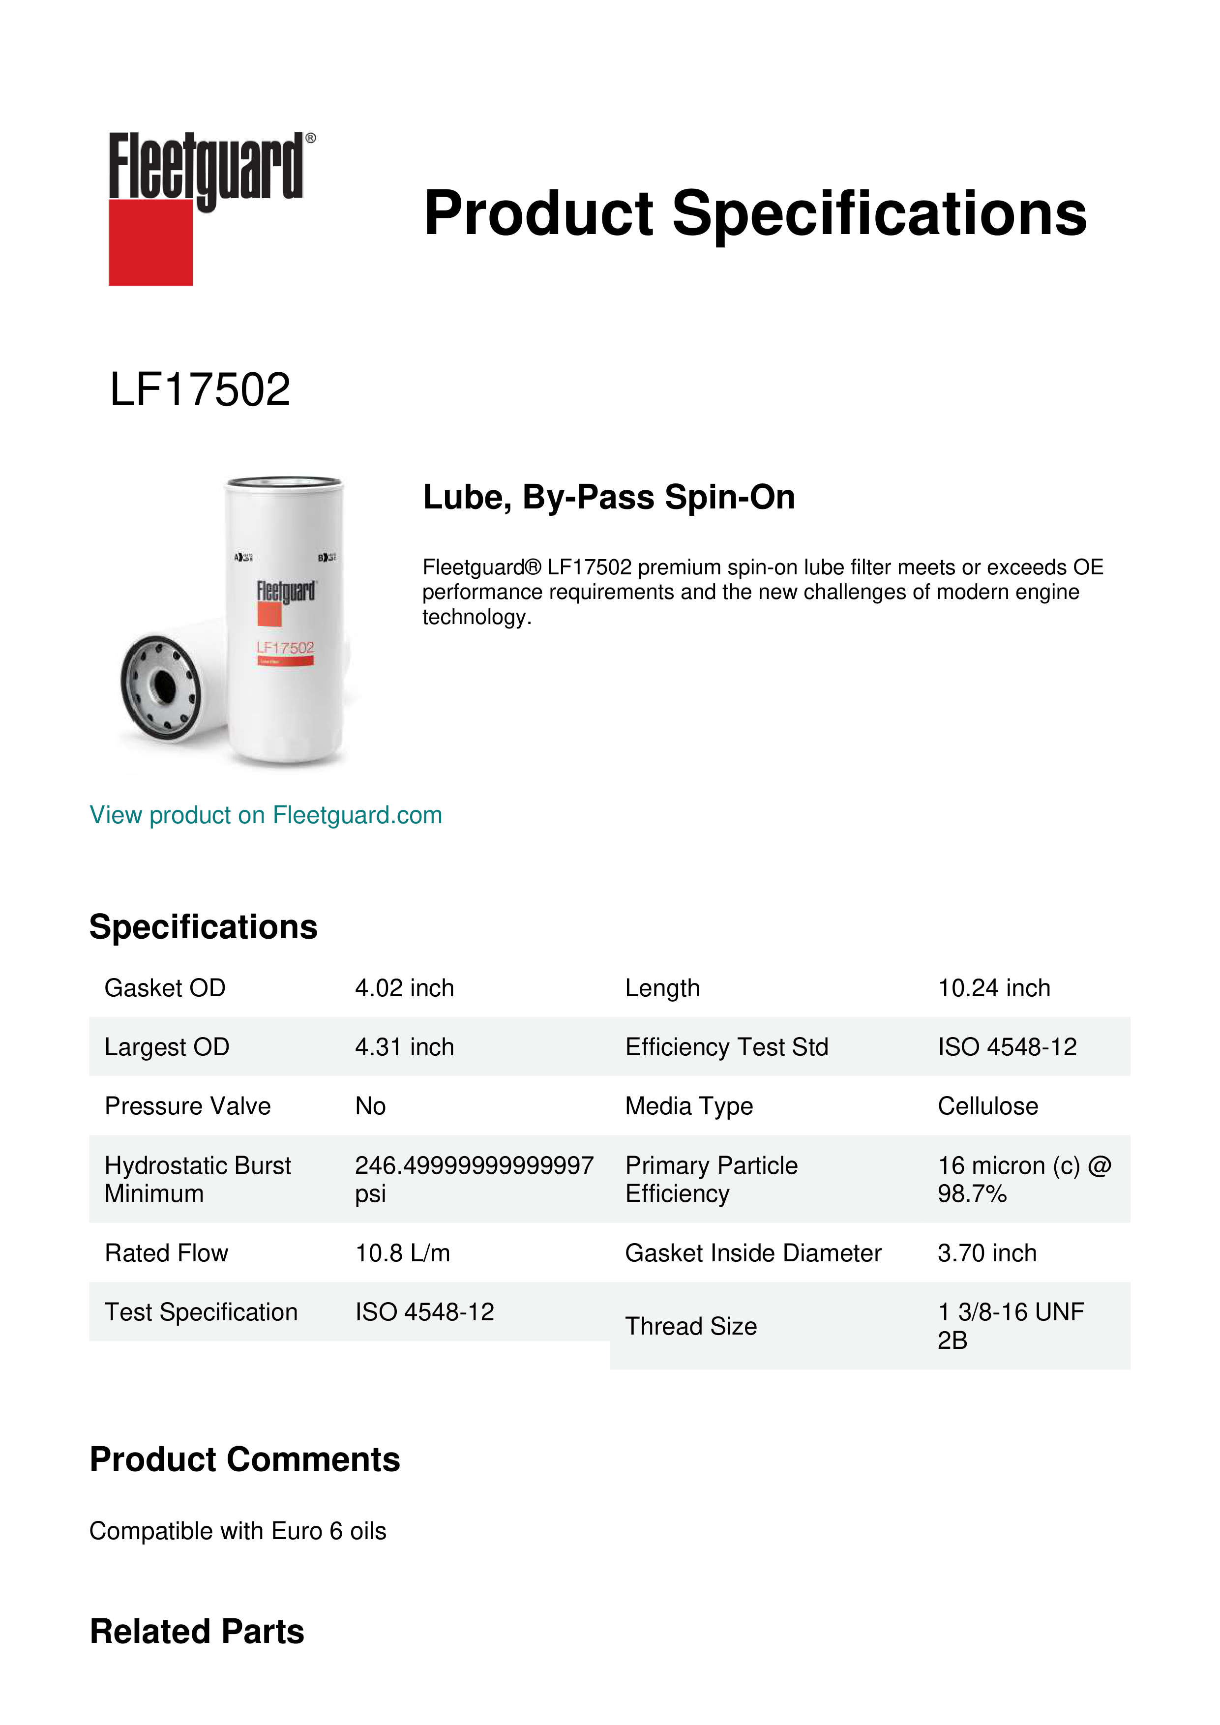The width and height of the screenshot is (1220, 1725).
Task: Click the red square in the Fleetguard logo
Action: pyautogui.click(x=150, y=242)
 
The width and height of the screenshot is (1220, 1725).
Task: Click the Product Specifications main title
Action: pyautogui.click(x=755, y=213)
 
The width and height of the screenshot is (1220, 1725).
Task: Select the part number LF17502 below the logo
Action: pyautogui.click(x=200, y=390)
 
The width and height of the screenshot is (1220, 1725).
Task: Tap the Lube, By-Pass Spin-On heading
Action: pyautogui.click(x=608, y=497)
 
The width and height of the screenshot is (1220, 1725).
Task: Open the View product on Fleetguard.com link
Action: pyautogui.click(x=266, y=815)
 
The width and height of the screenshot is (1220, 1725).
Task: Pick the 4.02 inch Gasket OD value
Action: pyautogui.click(x=404, y=988)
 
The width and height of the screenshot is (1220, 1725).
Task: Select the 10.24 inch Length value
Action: pyautogui.click(x=993, y=988)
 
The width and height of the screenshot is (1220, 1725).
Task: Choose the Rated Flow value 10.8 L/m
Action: pyautogui.click(x=403, y=1253)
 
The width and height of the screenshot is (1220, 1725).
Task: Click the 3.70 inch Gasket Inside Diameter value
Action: pyautogui.click(x=986, y=1253)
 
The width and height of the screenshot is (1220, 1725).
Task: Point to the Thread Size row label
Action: pyautogui.click(x=690, y=1326)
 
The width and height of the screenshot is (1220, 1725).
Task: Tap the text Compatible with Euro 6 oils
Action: pyautogui.click(x=238, y=1531)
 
